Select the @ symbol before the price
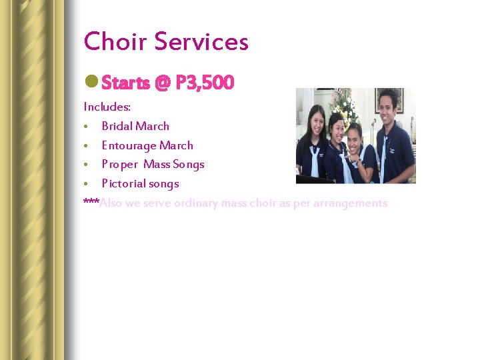(162, 83)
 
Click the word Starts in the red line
(126, 83)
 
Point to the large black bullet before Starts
(91, 83)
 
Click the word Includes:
(107, 107)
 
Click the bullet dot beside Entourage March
(87, 146)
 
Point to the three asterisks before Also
(91, 202)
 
